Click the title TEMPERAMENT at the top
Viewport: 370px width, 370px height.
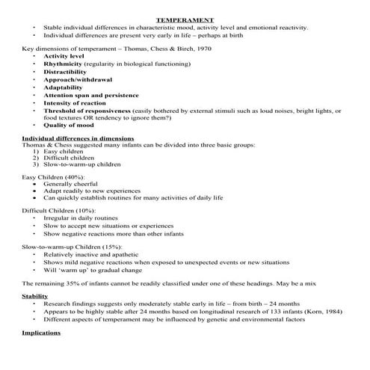pos(185,19)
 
